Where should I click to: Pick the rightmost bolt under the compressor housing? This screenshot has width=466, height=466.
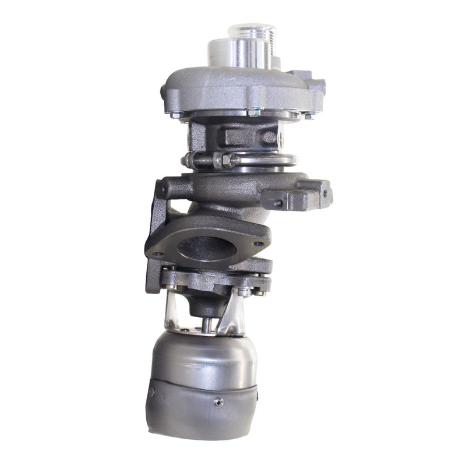click(309, 115)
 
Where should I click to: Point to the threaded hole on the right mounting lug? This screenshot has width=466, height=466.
click(278, 203)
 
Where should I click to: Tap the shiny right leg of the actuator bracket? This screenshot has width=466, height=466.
click(239, 315)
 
